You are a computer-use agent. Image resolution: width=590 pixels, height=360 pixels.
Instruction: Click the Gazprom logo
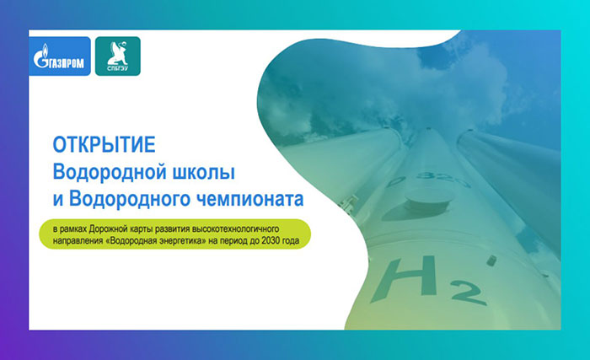coord(60,56)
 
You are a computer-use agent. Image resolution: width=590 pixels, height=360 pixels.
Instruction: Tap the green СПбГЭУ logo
coord(118,56)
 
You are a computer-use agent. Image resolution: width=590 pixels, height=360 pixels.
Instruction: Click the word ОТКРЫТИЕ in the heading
coord(105,145)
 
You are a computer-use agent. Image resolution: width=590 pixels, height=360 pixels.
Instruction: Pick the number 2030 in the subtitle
coord(271,240)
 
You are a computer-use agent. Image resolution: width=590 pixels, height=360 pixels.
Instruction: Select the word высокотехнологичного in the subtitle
coord(235,229)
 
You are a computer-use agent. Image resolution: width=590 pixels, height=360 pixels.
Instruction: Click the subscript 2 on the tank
coord(469,293)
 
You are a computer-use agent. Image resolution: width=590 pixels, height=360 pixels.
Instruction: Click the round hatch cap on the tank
coord(428,200)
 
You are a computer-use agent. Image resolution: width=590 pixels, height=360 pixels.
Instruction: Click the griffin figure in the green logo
coord(117,53)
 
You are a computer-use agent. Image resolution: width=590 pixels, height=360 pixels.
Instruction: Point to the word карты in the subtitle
coord(139,229)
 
